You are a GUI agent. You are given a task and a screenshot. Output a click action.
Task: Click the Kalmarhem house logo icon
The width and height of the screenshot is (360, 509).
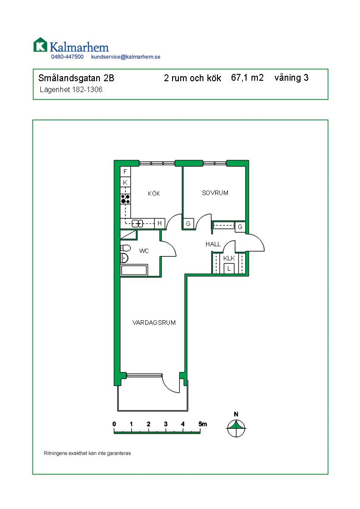click(x=40, y=44)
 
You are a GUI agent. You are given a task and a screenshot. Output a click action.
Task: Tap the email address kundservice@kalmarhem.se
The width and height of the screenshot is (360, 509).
click(x=126, y=57)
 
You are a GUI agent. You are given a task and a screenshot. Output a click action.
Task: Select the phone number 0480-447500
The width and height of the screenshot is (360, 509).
click(x=67, y=57)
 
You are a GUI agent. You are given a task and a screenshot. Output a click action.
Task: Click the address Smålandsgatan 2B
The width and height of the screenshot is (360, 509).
click(x=76, y=78)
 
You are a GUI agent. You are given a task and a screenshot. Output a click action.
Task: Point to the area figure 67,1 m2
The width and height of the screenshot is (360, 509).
click(x=247, y=78)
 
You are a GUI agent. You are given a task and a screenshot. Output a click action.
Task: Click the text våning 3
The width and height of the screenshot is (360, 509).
click(x=291, y=78)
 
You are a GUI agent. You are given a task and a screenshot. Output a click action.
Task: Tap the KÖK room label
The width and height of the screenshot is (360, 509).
click(x=154, y=193)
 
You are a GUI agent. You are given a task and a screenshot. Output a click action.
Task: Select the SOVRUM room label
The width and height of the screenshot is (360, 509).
click(x=215, y=193)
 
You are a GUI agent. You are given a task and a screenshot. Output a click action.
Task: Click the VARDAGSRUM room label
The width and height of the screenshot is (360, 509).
click(x=154, y=323)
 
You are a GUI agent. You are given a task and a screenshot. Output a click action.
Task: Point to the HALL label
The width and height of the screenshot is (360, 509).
click(x=213, y=244)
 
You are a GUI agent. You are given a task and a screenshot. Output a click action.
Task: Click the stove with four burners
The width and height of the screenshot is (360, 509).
click(x=125, y=199)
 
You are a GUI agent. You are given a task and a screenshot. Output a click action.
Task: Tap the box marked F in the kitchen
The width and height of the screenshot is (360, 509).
click(x=125, y=172)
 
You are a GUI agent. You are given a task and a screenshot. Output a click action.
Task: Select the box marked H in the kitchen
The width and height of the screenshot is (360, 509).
click(x=159, y=223)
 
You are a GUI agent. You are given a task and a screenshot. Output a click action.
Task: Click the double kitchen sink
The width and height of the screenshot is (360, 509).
click(x=138, y=223)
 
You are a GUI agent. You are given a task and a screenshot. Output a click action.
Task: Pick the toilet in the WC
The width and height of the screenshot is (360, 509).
click(x=125, y=248)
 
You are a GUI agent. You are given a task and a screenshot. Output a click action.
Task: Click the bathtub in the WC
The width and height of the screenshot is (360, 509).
click(x=134, y=270)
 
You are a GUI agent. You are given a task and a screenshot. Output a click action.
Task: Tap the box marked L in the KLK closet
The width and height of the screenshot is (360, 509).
click(x=229, y=269)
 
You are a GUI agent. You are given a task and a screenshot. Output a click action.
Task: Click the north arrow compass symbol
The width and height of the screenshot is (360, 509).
click(x=236, y=428)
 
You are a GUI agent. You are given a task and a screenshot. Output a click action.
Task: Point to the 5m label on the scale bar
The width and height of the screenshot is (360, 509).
click(x=203, y=424)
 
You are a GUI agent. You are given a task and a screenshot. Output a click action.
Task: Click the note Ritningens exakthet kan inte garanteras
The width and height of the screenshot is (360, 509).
click(x=88, y=453)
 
